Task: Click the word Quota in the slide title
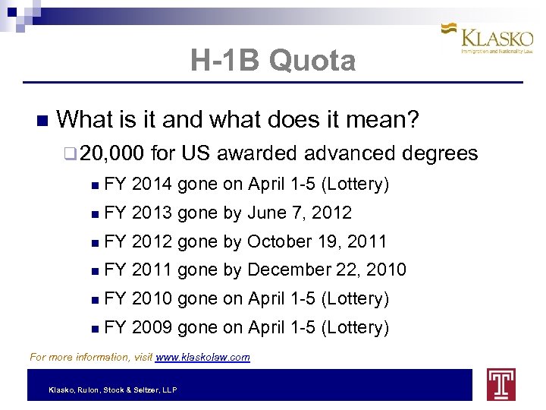point(312,61)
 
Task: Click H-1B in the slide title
point(225,61)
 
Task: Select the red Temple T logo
point(501,385)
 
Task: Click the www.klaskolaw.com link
point(202,357)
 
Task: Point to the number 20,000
point(111,154)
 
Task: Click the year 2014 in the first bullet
point(151,184)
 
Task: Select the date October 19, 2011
point(317,241)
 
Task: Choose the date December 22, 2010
point(327,270)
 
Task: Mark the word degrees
point(440,154)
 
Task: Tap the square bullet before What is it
point(41,121)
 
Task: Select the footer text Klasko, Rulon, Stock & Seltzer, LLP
point(113,389)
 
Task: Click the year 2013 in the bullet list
point(151,213)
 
